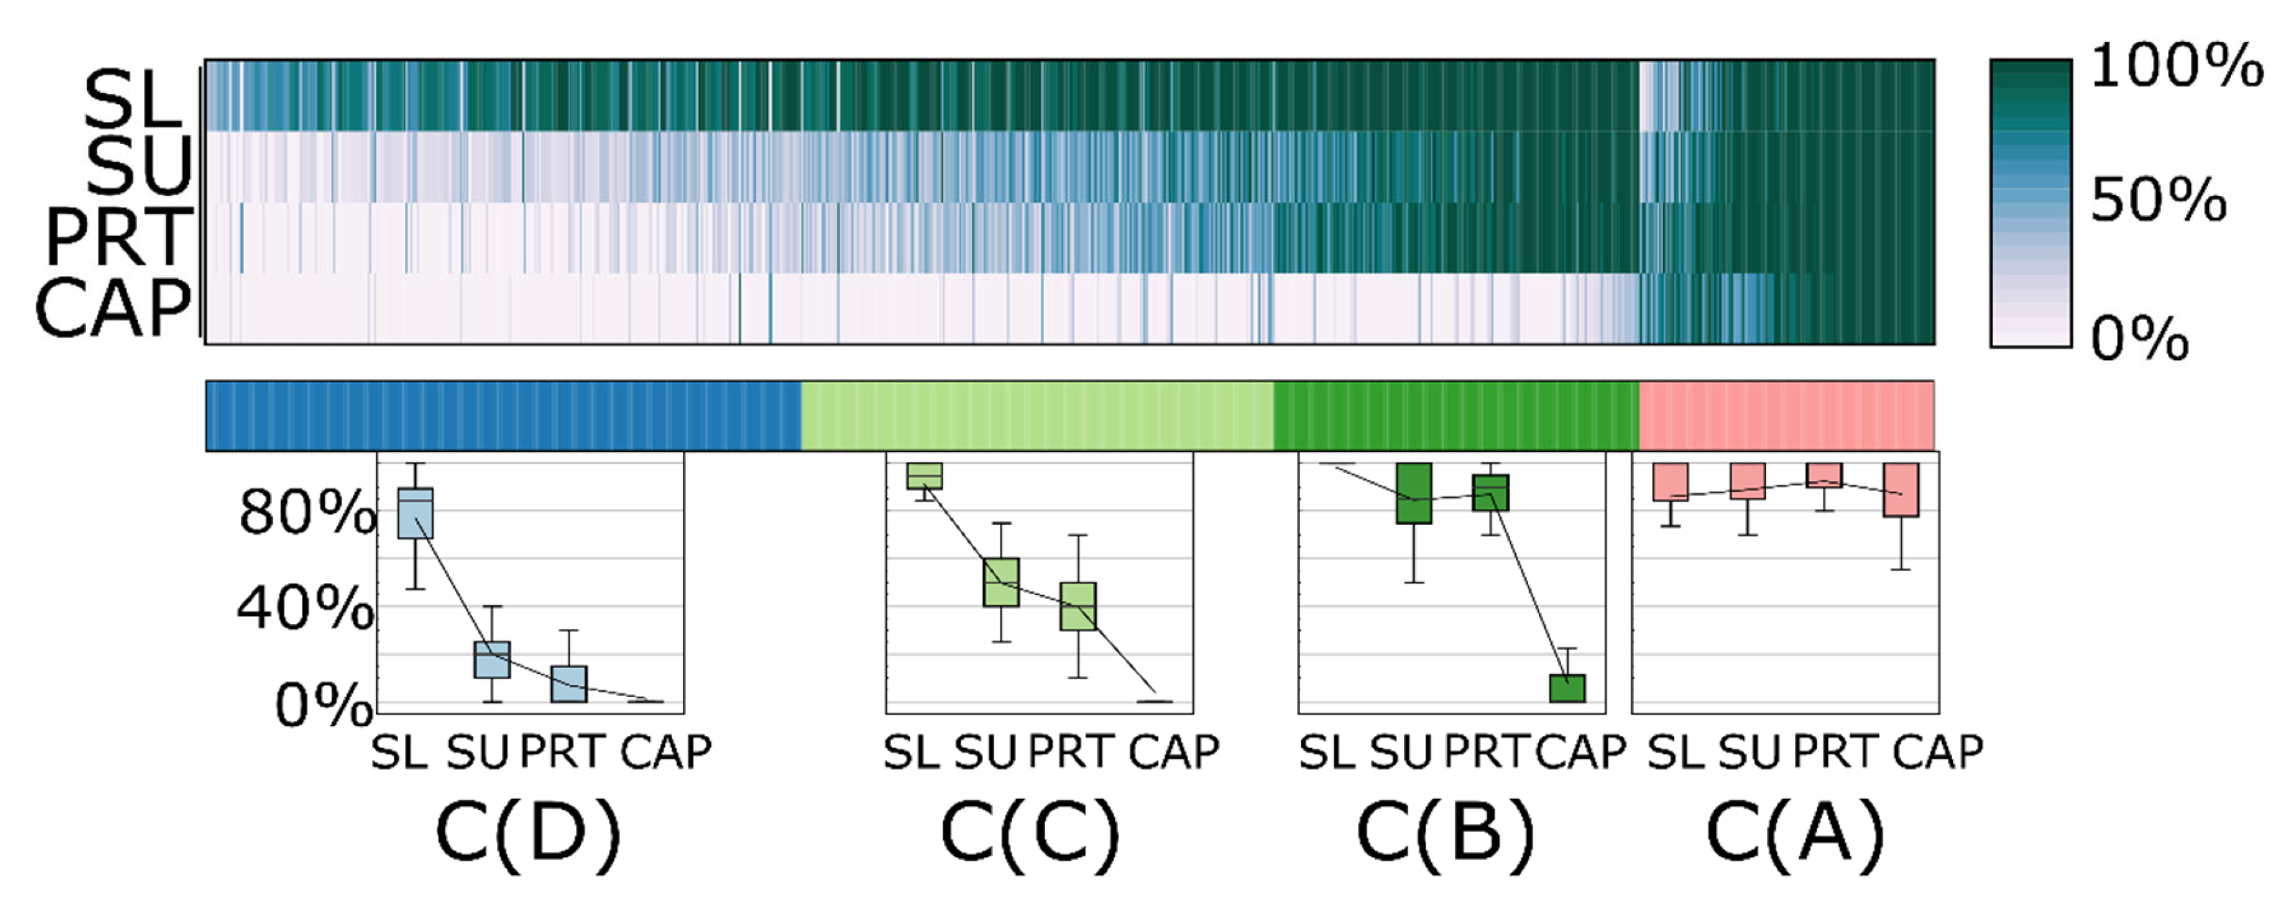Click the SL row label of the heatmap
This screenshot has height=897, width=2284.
(x=133, y=99)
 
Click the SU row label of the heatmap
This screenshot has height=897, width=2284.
(x=139, y=166)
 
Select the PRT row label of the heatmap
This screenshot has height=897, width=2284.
(x=119, y=237)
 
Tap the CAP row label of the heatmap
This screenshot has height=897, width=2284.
(x=114, y=308)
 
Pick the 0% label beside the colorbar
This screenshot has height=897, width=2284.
(x=2140, y=339)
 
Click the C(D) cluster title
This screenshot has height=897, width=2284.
(x=528, y=833)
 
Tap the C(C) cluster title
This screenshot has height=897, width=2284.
(x=1030, y=833)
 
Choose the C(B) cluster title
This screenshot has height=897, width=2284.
(x=1445, y=833)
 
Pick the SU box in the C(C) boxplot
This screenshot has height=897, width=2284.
(x=1001, y=582)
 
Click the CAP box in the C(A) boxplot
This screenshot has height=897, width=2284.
(x=1901, y=489)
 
